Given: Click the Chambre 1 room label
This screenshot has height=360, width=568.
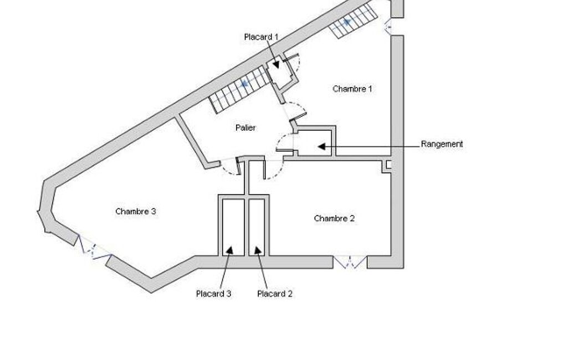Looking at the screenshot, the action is click(x=352, y=89).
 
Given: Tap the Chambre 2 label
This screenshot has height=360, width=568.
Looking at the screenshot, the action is click(x=334, y=218).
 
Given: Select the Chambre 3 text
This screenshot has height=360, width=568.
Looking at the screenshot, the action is click(x=135, y=211).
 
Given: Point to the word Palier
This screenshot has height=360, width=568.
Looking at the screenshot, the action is click(x=245, y=127).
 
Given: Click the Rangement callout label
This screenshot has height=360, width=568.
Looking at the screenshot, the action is click(x=442, y=144).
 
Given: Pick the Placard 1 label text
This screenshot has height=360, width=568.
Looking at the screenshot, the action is click(x=261, y=37).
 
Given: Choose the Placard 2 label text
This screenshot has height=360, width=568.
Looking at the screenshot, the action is click(x=275, y=294).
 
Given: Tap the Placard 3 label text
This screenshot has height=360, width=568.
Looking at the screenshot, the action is click(x=213, y=294).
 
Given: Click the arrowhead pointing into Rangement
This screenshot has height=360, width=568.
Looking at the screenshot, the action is click(x=321, y=146).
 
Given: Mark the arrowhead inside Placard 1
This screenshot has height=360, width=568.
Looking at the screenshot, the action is click(x=275, y=64).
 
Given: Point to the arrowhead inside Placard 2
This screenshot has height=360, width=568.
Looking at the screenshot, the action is click(x=258, y=251).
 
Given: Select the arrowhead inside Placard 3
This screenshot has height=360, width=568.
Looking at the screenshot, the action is click(x=229, y=250).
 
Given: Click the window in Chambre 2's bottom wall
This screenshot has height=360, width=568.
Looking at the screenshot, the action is click(x=350, y=262).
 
